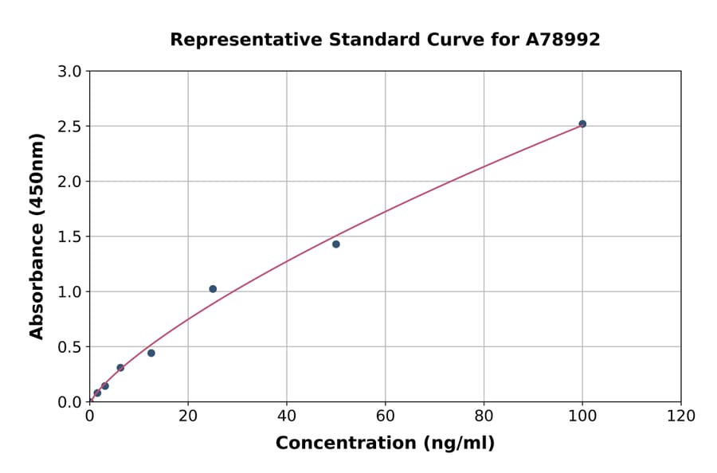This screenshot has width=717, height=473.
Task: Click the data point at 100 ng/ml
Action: tap(582, 124)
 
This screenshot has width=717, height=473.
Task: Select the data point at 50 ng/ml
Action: tap(336, 244)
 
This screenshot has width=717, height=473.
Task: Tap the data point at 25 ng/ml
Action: tap(213, 289)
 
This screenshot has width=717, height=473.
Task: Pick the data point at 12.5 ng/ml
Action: tap(151, 353)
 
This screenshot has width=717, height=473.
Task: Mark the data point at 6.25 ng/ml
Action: tap(120, 368)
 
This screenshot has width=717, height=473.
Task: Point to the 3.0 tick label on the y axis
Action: tap(71, 72)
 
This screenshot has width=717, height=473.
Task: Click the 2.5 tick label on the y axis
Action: tap(71, 127)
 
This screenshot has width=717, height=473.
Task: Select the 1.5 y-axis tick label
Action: tap(71, 236)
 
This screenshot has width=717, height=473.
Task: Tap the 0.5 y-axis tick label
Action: tap(71, 346)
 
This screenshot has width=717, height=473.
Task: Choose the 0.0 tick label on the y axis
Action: tap(71, 402)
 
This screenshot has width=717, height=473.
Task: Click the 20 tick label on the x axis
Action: tap(188, 416)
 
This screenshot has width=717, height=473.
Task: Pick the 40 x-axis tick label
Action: tap(287, 416)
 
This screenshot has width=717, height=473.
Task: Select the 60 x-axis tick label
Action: tap(386, 416)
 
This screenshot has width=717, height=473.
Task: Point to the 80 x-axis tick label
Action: tap(484, 416)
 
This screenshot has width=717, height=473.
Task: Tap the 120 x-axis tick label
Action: tap(681, 416)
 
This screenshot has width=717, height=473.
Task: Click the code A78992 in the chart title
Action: tap(562, 40)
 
